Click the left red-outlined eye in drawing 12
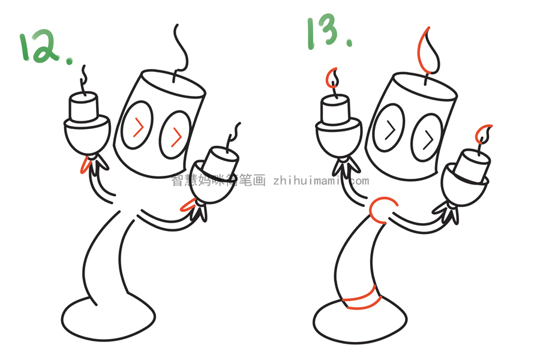coord(137,127)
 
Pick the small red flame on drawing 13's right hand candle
coord(484,134)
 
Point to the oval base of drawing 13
coord(354,321)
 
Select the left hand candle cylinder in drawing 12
coord(83,108)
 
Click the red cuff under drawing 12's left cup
coord(88,164)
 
